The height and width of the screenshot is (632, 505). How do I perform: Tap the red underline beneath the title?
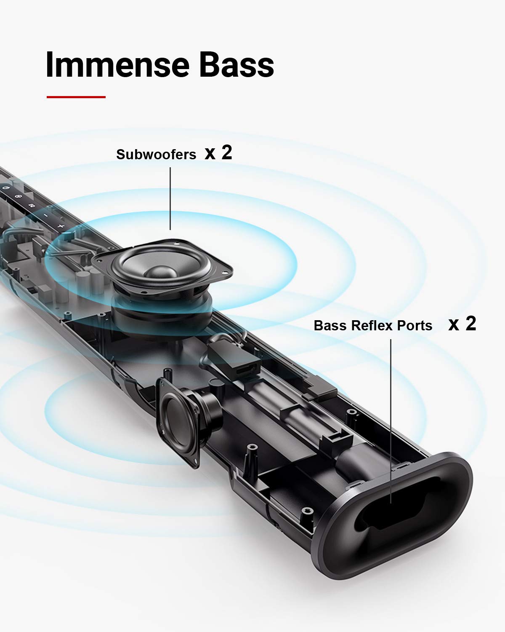pos(76,97)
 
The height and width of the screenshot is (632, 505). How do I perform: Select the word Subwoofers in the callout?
pos(156,155)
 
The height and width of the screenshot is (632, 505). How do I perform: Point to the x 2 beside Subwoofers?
pos(218,153)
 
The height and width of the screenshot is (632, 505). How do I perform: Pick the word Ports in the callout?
pos(414,326)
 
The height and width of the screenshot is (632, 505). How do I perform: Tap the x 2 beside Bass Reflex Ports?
pos(462,324)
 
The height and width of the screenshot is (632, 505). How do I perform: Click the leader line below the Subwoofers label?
pos(170,198)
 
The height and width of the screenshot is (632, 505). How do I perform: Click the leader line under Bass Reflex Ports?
pos(391,421)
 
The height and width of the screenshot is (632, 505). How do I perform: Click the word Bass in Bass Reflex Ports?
pos(330,326)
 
